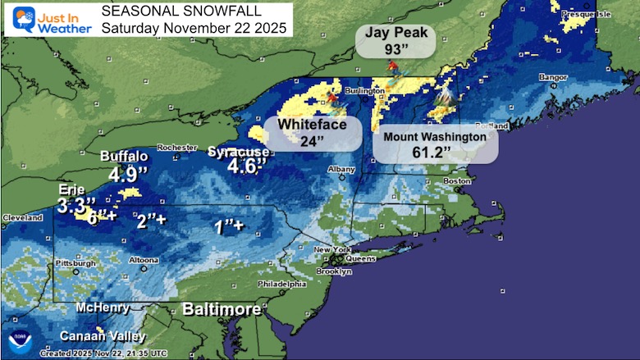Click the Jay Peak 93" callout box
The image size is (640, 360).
[395, 41]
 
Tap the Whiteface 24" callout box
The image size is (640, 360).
[313, 132]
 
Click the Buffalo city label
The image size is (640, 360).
[124, 157]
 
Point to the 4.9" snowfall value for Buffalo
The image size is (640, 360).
[128, 175]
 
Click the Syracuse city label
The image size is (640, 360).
[239, 153]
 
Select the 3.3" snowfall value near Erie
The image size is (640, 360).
[76, 203]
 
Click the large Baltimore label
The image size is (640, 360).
[222, 310]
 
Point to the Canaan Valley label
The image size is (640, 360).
[102, 336]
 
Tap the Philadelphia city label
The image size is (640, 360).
[283, 284]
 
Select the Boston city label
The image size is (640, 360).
[456, 180]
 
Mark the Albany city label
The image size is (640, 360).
[341, 168]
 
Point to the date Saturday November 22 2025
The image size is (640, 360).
[194, 27]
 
